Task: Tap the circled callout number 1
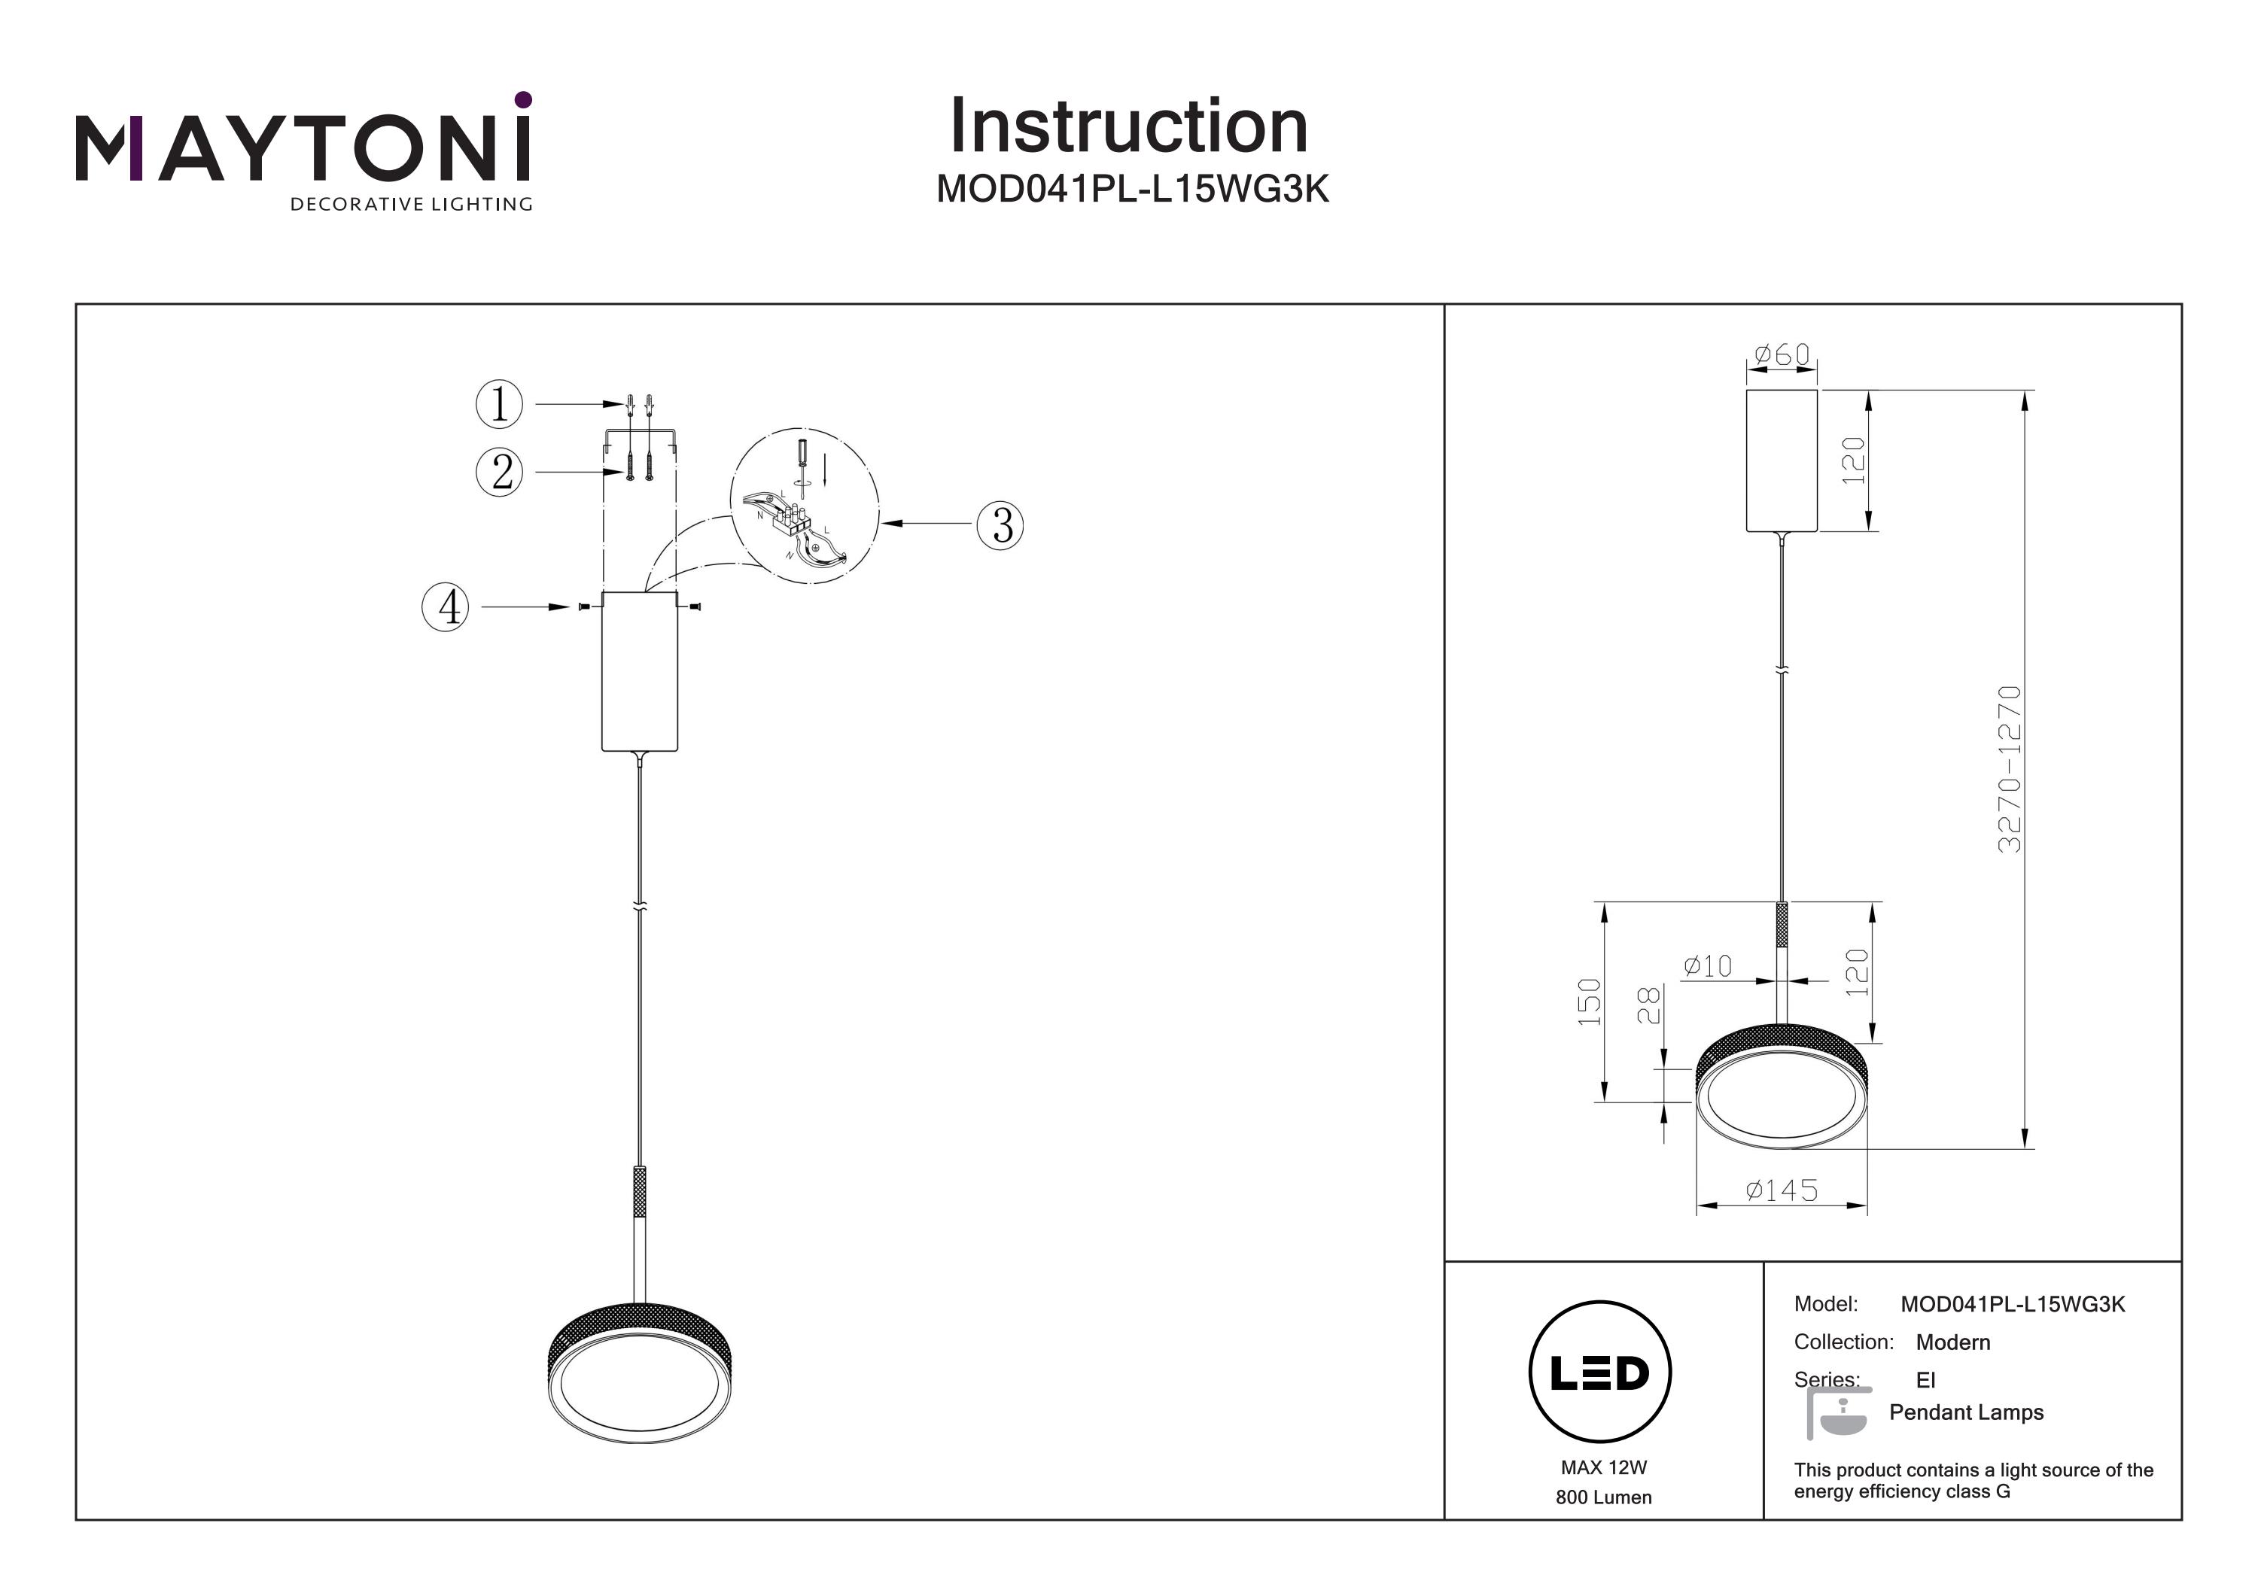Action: [500, 404]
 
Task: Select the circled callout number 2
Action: [501, 473]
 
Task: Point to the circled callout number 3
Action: [1000, 525]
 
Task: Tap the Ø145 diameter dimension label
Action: [1782, 1191]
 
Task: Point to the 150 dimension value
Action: [1589, 1002]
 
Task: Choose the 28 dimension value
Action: [1649, 1005]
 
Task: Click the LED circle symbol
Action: [1600, 1373]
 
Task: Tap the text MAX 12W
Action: [1603, 1468]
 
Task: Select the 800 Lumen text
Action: [1603, 1497]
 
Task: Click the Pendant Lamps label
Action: [1966, 1413]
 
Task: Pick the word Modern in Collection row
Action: [1952, 1342]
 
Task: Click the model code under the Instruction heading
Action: [1132, 189]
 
